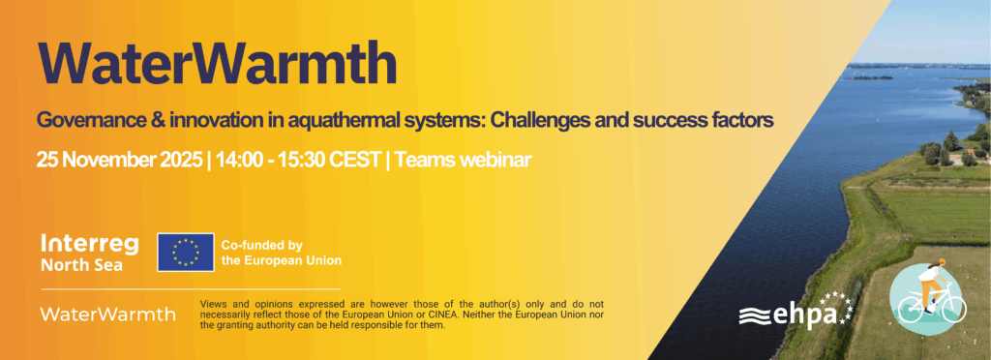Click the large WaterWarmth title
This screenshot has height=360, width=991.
tap(218, 64)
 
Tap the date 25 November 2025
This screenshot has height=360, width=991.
tap(119, 160)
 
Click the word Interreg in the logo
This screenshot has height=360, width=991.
tap(81, 245)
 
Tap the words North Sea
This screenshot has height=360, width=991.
tap(81, 265)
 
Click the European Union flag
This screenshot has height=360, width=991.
tap(186, 252)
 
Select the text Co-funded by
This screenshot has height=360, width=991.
tap(261, 245)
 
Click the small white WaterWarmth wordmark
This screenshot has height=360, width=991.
tap(108, 314)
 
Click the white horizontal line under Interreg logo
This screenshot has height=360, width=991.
tap(191, 289)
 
